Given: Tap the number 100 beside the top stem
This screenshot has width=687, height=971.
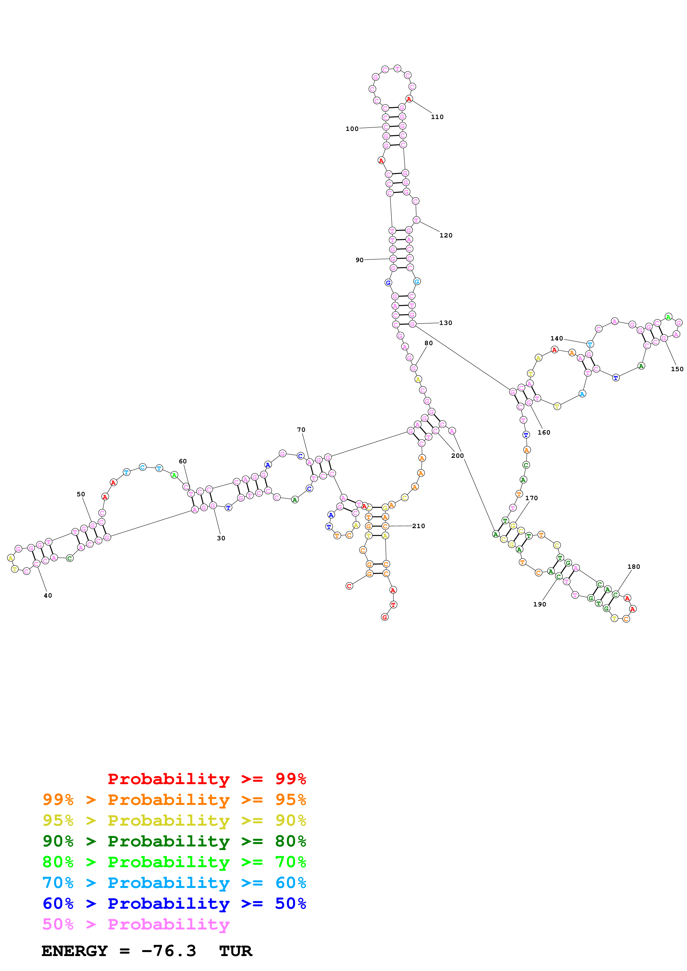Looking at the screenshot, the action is pos(352,129).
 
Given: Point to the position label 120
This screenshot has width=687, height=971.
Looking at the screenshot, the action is pos(446,236).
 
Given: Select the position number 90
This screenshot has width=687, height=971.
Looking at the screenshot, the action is pos(359,260).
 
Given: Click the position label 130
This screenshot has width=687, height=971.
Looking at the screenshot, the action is pos(445,323).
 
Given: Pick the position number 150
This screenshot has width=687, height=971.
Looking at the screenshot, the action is pos(677,369).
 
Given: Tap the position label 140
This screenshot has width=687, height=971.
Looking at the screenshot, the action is pos(557,338).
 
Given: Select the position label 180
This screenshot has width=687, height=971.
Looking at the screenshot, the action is pos(633,567).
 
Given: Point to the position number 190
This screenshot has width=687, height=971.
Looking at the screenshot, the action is pos(539,604).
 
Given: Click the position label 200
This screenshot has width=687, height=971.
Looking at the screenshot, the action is pos(457,456).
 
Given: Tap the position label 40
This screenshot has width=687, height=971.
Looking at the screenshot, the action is pos(48,595).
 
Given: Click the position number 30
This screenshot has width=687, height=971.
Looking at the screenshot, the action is pos(221,538).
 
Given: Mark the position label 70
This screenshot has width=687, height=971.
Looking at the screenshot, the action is pos(301,430).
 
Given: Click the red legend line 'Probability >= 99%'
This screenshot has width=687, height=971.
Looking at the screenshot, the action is pos(206,779).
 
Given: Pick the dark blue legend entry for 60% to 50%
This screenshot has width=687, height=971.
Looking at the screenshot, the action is pos(174,903).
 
